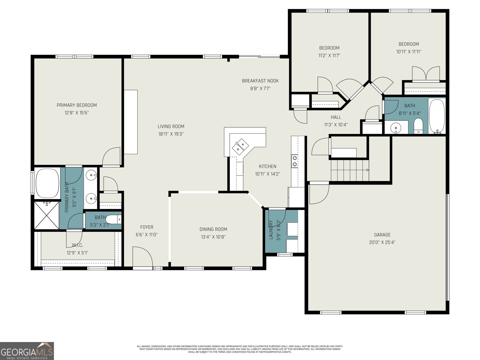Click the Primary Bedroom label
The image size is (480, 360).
point(77,105)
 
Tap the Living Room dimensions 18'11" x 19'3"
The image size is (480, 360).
point(171,134)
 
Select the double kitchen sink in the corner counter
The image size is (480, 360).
point(240,145)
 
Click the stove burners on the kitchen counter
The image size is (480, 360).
point(295,161)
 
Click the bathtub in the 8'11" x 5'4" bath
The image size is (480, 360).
point(436,115)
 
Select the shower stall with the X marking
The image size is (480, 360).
point(46,215)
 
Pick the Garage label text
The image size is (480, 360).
point(382,235)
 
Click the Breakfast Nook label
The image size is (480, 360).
point(260,81)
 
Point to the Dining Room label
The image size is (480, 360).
point(213,229)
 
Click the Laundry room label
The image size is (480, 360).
point(271,229)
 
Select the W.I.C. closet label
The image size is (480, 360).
point(77,245)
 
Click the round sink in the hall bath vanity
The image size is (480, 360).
point(396,128)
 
